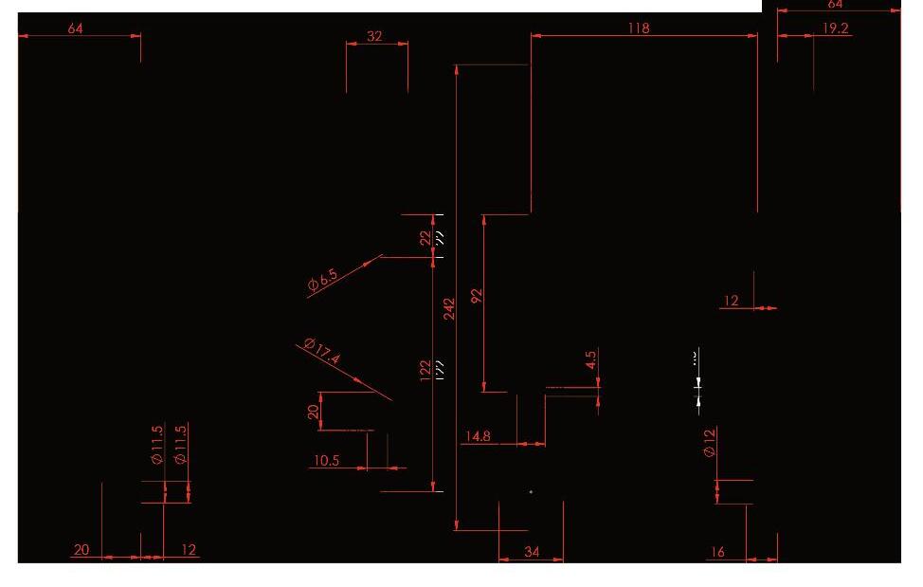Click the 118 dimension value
pyautogui.click(x=639, y=28)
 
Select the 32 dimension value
pyautogui.click(x=374, y=36)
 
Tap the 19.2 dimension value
pyautogui.click(x=835, y=28)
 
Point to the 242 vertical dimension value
pyautogui.click(x=449, y=309)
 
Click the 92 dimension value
pyautogui.click(x=477, y=296)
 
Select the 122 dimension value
pyautogui.click(x=426, y=368)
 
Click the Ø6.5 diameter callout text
pyautogui.click(x=322, y=280)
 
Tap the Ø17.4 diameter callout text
pyautogui.click(x=322, y=351)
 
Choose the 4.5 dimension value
pyautogui.click(x=591, y=361)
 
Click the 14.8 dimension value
pyautogui.click(x=478, y=436)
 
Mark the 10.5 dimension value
pyautogui.click(x=326, y=461)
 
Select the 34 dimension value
pyautogui.click(x=532, y=552)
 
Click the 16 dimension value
pyautogui.click(x=716, y=552)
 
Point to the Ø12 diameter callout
pyautogui.click(x=710, y=442)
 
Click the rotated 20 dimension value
pyautogui.click(x=314, y=412)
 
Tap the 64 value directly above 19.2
pyautogui.click(x=835, y=5)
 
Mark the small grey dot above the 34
pyautogui.click(x=531, y=491)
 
